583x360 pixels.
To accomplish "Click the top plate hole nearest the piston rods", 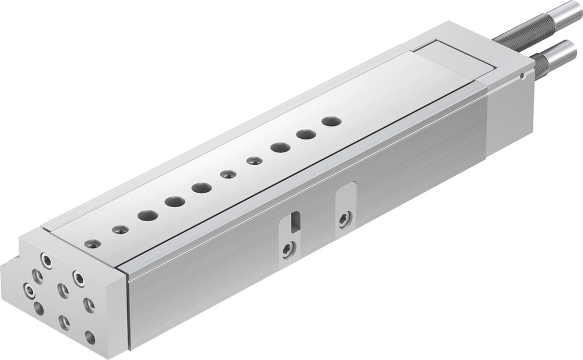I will tap(331, 121).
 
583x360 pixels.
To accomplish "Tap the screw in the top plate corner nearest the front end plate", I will tap(93, 244).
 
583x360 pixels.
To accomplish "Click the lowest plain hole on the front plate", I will tap(90, 337).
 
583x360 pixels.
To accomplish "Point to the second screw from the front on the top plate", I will tap(121, 230).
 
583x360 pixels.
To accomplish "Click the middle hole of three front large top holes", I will tap(174, 202).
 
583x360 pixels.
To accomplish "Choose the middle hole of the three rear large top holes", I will tap(305, 134).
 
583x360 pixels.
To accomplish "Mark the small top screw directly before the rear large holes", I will tap(254, 160).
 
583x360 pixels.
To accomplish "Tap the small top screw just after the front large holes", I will tap(228, 174).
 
